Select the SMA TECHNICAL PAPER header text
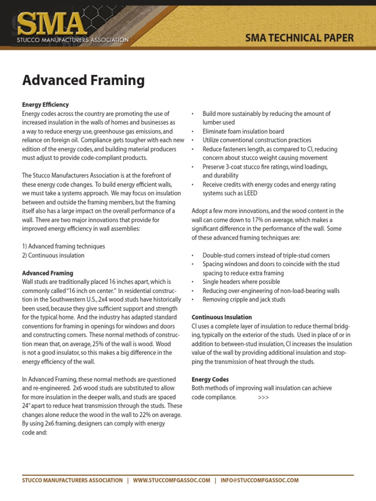tap(300, 38)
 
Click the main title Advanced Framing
tap(83, 80)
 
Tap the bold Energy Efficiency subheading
tap(46, 105)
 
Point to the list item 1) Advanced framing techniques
tap(64, 246)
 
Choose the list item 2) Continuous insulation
tap(53, 255)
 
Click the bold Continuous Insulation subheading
tap(222, 317)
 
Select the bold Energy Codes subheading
tap(210, 379)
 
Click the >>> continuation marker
tap(263, 397)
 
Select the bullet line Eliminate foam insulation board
tap(243, 131)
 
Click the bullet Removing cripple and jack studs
tap(244, 299)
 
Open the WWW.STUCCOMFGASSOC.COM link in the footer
tap(171, 480)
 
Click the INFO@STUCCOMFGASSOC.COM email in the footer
tap(259, 480)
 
